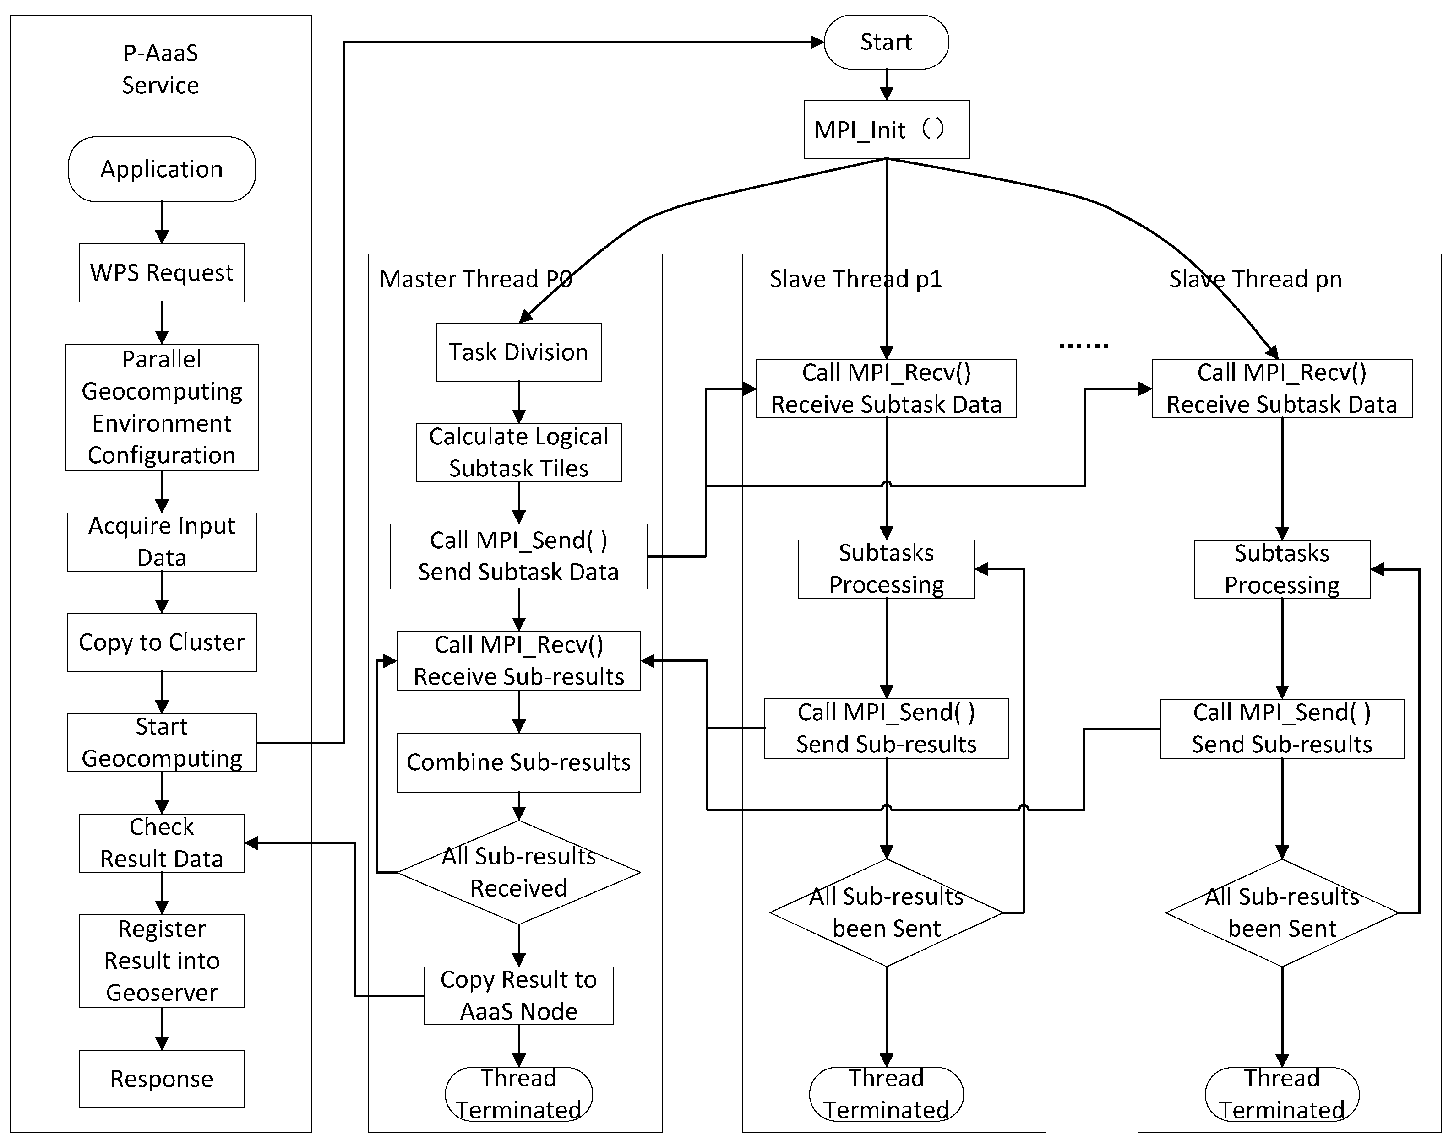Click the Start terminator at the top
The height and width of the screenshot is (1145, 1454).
tap(886, 42)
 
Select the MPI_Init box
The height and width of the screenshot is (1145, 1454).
tap(886, 130)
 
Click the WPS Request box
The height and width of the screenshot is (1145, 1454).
tap(162, 273)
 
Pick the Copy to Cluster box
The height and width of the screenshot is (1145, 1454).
tap(162, 642)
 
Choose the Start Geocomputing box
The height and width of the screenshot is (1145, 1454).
tap(162, 743)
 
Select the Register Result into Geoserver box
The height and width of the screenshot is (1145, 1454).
tap(162, 961)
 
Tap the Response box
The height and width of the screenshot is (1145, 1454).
tap(162, 1079)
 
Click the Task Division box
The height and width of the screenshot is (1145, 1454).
tap(518, 352)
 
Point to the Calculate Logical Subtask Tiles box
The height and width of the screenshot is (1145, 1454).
tap(518, 453)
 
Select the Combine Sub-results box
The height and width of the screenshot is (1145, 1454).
tap(518, 763)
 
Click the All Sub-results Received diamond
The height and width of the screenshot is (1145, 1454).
tap(518, 872)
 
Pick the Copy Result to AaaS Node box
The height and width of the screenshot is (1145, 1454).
tap(518, 995)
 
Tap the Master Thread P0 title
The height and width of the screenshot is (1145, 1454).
tap(475, 279)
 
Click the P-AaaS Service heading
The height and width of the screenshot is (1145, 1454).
tap(161, 69)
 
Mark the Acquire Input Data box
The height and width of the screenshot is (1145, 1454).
tap(162, 542)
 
